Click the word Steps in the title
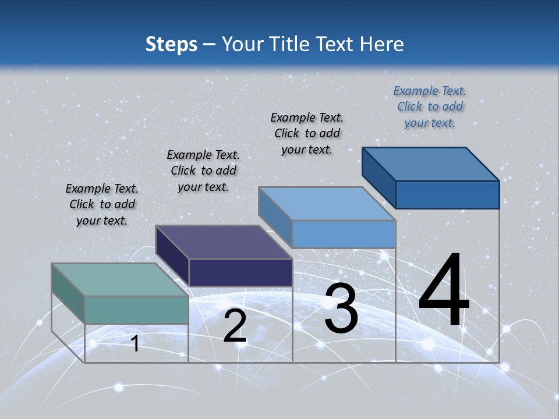point(171,44)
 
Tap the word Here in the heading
point(382,44)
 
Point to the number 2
point(235,326)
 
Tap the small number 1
point(135,343)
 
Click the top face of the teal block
point(119,280)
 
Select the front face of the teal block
point(136,310)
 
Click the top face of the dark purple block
point(223,242)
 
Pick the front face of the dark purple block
point(240,272)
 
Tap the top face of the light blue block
point(327,204)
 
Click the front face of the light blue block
point(344,234)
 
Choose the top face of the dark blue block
point(430,164)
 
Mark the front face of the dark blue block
point(447,194)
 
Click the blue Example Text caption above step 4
point(430,106)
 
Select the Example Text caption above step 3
point(307,133)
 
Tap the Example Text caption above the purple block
point(203,171)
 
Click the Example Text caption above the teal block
point(102,204)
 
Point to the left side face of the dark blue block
point(378,177)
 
